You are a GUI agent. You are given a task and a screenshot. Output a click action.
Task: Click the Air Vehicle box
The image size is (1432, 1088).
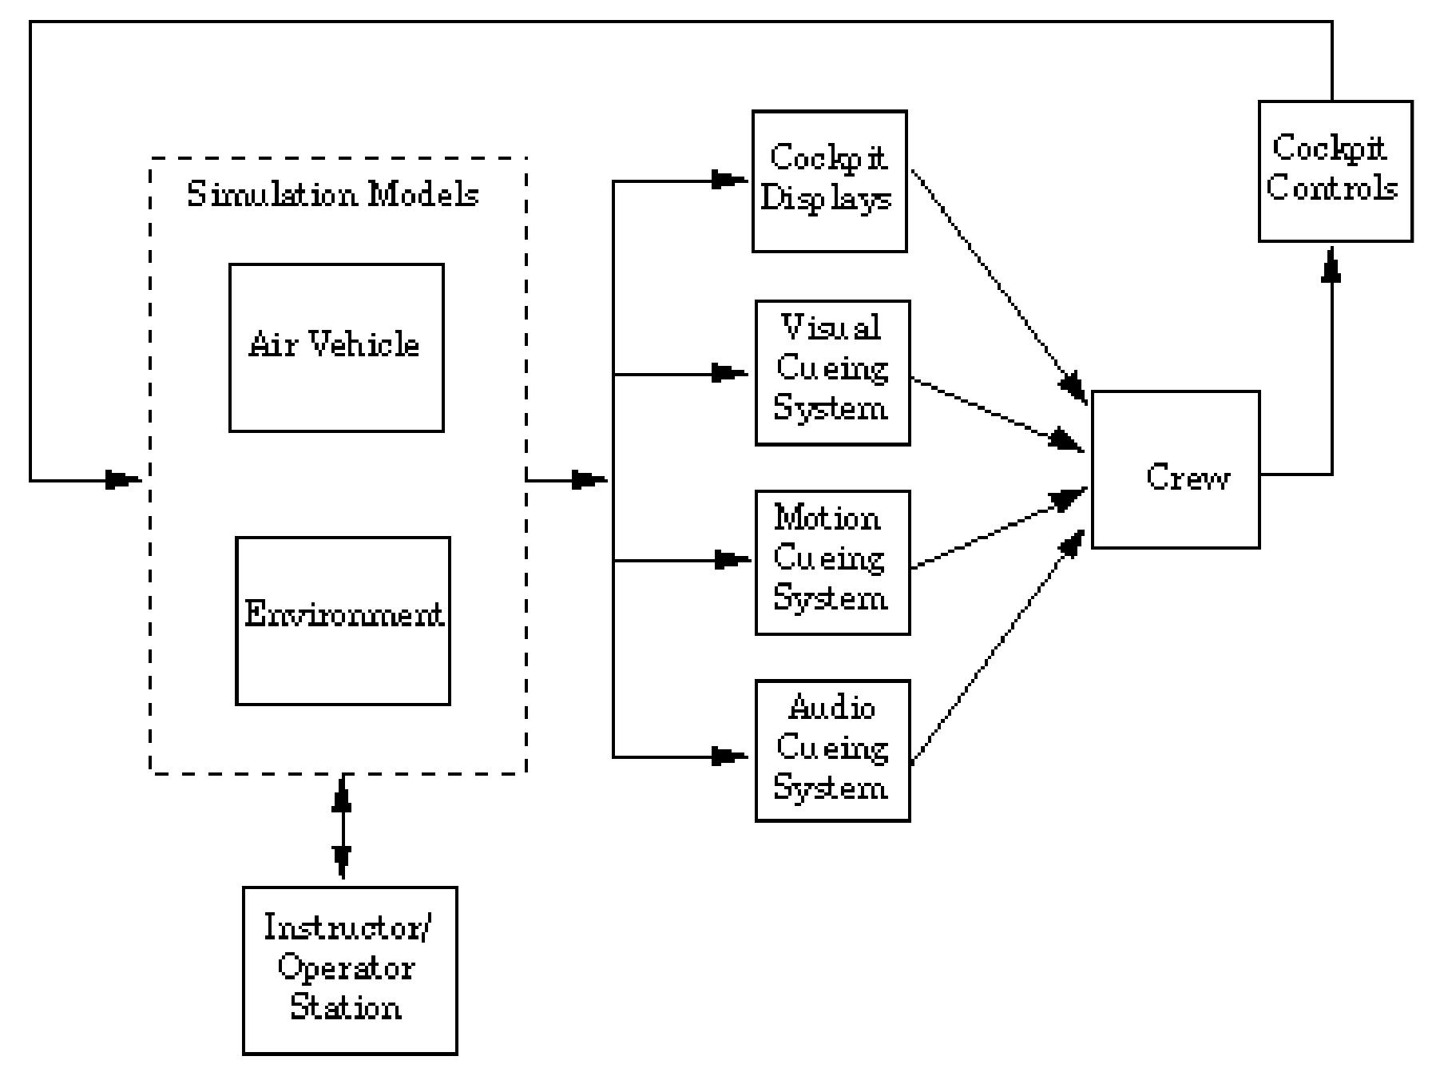click(336, 347)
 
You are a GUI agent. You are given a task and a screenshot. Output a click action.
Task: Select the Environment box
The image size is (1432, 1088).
click(343, 621)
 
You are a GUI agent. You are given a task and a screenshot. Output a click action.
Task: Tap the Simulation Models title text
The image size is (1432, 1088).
click(332, 194)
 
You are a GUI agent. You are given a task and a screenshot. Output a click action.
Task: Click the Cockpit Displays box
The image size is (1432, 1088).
click(829, 181)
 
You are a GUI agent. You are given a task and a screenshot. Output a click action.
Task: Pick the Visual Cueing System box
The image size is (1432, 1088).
click(832, 372)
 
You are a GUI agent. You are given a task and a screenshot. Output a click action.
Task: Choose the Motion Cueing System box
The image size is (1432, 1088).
click(832, 562)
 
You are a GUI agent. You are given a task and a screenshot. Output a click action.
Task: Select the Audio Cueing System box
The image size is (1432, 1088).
click(832, 750)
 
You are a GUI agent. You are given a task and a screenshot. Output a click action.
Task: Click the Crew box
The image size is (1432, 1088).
click(1175, 470)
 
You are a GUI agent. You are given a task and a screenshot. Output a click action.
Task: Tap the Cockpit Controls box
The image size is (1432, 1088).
click(1335, 171)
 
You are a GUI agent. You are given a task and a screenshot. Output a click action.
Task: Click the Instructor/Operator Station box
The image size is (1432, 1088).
click(350, 970)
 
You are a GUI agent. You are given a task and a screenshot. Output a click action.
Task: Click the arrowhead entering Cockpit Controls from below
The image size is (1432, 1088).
click(1331, 265)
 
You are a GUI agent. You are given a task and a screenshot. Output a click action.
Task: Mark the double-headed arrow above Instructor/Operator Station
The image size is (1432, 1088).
click(342, 827)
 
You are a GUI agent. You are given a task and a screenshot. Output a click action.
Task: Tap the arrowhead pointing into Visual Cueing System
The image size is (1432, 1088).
click(728, 373)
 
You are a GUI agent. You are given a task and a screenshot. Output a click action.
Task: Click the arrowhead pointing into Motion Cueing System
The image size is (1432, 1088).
click(730, 560)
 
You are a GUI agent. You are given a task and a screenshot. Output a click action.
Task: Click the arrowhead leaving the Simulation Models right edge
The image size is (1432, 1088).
click(589, 480)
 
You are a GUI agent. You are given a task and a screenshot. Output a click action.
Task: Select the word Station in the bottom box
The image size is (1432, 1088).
click(345, 1007)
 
